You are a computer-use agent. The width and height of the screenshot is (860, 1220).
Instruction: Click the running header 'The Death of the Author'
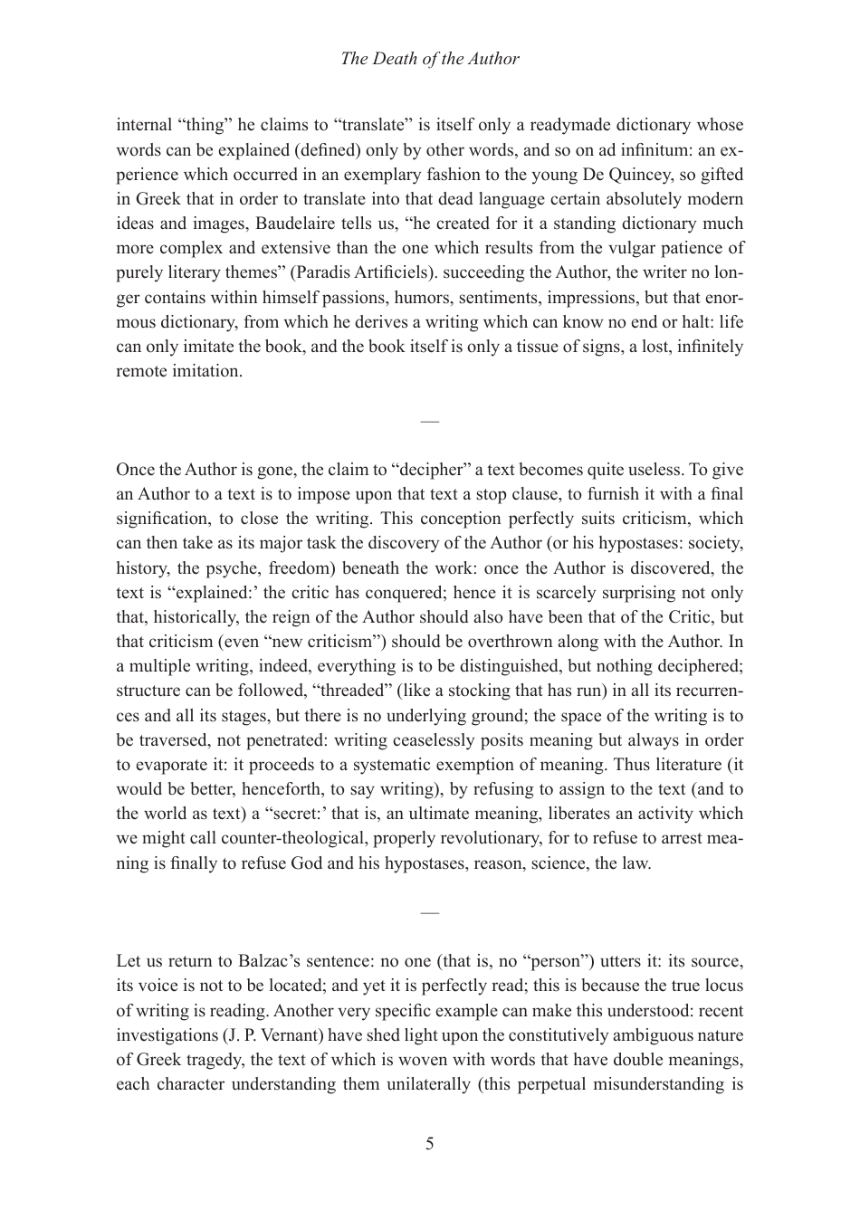pyautogui.click(x=429, y=59)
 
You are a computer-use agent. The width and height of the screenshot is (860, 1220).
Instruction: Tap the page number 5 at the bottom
pyautogui.click(x=429, y=1143)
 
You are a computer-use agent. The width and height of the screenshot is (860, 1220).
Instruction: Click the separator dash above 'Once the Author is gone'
pyautogui.click(x=429, y=421)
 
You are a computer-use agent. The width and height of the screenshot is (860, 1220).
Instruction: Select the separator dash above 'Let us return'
pyautogui.click(x=429, y=912)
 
